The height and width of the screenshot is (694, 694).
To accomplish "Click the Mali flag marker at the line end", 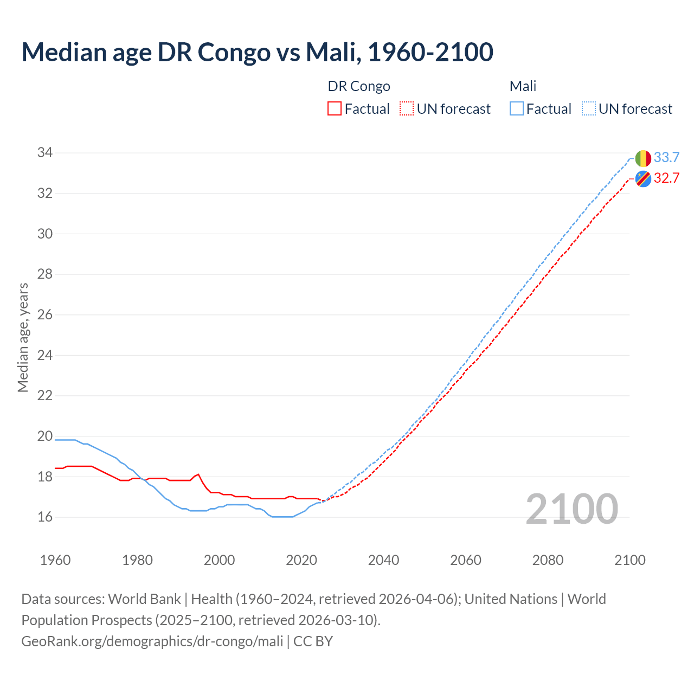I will [643, 158].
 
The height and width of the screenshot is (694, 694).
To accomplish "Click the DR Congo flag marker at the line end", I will [643, 178].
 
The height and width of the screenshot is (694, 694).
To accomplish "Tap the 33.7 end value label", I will [666, 158].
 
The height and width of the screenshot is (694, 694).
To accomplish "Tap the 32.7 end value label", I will [666, 178].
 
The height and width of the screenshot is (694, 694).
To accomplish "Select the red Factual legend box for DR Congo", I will [335, 109].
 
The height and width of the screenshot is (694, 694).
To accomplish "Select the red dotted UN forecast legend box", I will [407, 109].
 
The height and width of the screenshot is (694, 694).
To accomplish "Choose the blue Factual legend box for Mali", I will [517, 109].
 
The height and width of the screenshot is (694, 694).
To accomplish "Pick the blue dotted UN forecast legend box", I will [588, 109].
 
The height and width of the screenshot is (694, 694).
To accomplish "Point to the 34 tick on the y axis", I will [45, 153].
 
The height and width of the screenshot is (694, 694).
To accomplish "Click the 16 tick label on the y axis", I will [45, 517].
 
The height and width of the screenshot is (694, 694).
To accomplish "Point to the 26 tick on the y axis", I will [45, 315].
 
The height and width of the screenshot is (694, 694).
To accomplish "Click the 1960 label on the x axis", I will [55, 560].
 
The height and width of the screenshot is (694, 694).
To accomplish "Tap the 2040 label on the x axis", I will [383, 560].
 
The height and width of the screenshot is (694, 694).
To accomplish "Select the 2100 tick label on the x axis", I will [630, 560].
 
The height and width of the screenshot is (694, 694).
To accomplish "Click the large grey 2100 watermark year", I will [572, 509].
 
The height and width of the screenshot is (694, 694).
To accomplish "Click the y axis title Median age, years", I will [23, 337].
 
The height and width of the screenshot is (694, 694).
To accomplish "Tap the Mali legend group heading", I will [523, 86].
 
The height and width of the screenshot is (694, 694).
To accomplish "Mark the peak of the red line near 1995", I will [198, 474].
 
